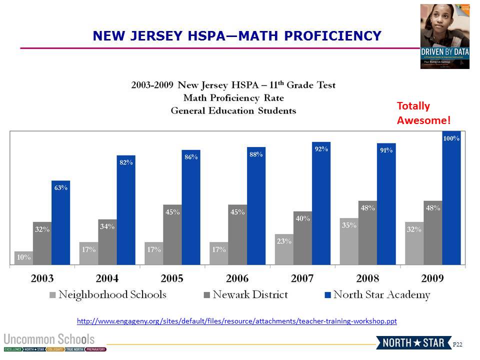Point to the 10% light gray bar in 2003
(23, 258)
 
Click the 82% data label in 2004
(125, 162)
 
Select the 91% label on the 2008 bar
(386, 150)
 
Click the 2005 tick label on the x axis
(172, 278)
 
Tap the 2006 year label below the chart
(237, 278)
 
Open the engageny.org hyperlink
(236, 320)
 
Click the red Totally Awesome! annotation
(423, 113)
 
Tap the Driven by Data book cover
(444, 36)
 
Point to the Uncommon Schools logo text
(49, 338)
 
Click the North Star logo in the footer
(413, 342)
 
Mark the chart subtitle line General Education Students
(233, 110)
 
